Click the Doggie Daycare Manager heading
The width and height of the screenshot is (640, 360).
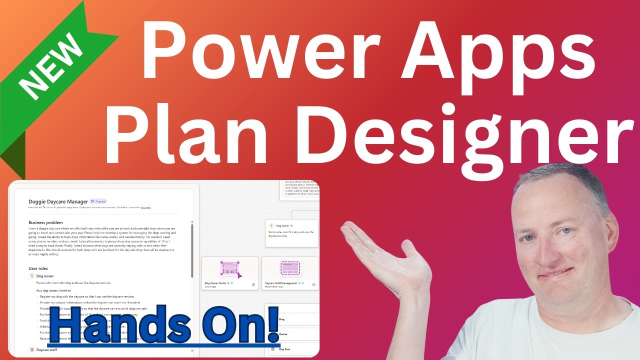tap(58, 201)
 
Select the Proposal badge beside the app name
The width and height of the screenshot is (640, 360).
tap(98, 201)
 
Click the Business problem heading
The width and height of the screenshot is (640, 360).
tap(45, 222)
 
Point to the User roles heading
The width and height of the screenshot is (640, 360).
tap(38, 268)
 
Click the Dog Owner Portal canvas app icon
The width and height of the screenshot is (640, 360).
tap(230, 268)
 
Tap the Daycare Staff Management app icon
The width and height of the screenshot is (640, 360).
tap(290, 268)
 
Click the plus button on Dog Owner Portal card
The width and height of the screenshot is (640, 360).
tap(253, 284)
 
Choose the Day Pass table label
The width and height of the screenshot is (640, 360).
tap(284, 349)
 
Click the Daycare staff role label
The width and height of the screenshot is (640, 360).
tap(46, 349)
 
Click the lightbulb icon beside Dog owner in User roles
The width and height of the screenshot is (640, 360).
tap(32, 276)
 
